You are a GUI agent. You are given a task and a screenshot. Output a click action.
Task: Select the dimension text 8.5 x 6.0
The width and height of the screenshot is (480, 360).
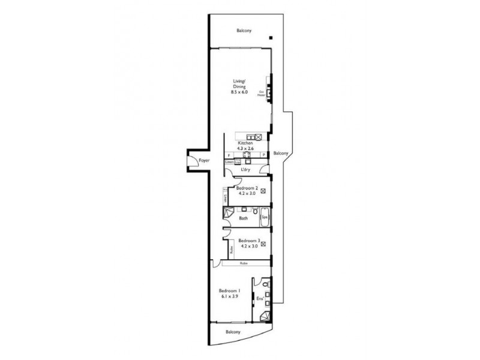(x=240, y=92)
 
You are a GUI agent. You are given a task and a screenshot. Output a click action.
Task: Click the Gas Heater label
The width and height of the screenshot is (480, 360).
(x=262, y=93)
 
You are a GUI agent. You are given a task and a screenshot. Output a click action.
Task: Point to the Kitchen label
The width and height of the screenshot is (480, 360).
(x=245, y=143)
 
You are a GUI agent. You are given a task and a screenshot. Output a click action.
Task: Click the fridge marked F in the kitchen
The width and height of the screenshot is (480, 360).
(x=229, y=156)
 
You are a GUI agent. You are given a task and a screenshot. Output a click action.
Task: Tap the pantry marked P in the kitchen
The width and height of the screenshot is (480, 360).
(x=263, y=156)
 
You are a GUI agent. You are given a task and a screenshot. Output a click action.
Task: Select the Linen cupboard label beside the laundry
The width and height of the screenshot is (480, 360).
(x=229, y=162)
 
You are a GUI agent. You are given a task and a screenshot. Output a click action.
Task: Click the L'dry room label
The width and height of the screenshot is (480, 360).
(x=245, y=169)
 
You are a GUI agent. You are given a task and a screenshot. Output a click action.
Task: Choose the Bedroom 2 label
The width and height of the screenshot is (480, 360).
(x=246, y=188)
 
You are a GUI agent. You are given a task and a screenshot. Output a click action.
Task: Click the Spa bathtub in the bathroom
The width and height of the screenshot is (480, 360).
(x=264, y=217)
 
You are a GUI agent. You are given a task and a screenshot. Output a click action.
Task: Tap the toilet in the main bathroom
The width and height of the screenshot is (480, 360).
(x=255, y=212)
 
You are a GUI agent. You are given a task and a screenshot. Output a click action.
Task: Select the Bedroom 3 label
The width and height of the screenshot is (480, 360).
(x=246, y=239)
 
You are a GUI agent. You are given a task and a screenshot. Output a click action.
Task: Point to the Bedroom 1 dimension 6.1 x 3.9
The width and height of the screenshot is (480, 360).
(x=230, y=296)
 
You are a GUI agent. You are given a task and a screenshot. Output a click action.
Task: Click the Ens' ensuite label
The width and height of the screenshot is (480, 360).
(x=260, y=298)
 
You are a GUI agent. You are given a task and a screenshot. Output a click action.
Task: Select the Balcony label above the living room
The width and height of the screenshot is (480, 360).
(x=244, y=31)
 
